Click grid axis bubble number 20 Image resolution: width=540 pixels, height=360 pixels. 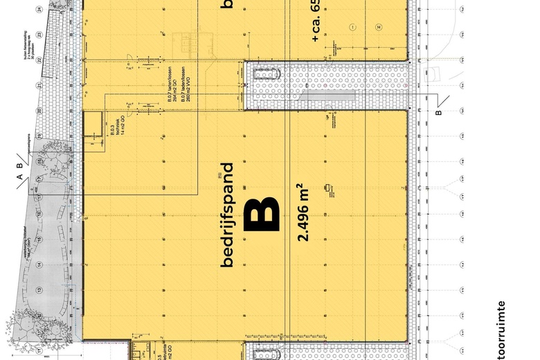click(39, 110)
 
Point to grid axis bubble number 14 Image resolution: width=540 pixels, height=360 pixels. click(39, 264)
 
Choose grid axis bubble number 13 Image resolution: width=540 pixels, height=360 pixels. click(39, 289)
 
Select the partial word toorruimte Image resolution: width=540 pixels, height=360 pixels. click(503, 329)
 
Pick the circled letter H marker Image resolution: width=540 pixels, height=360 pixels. click(379, 26)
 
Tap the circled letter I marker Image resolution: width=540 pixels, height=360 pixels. click(352, 26)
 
